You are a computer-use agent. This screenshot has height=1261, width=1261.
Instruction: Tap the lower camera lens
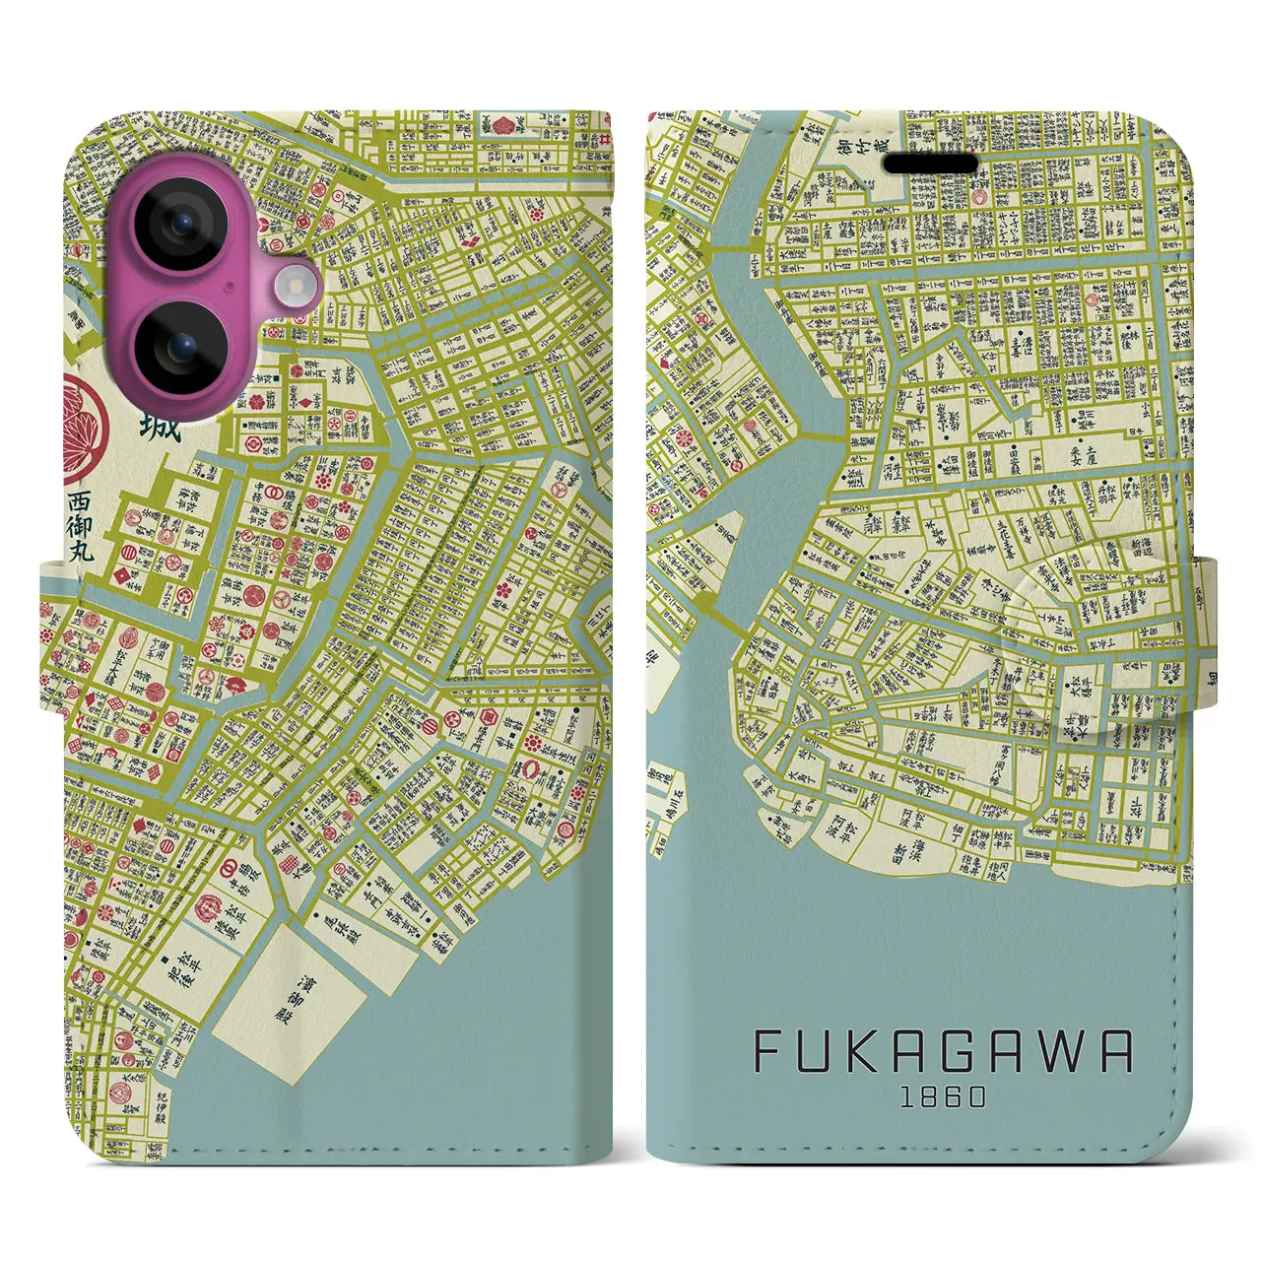tap(179, 349)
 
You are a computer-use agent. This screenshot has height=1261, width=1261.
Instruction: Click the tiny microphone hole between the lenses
tap(229, 287)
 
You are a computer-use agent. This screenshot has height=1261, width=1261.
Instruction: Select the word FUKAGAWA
tap(943, 1053)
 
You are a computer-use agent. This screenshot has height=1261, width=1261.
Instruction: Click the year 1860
tap(943, 1097)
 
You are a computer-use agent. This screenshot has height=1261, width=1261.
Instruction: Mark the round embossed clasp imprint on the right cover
tap(1064, 591)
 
